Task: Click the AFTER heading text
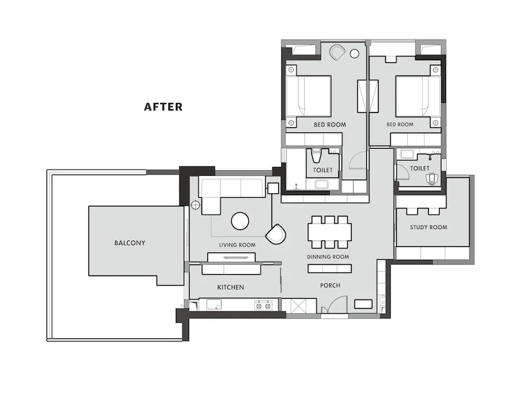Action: pos(163,107)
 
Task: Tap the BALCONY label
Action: pos(130,243)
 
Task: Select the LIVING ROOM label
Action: pos(237,245)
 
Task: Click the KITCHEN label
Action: pos(231,287)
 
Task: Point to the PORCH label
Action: pos(330,286)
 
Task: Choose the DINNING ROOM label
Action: pos(328,257)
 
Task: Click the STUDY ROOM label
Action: pos(428,227)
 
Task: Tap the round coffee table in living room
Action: pos(240,221)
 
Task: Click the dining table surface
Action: pos(330,232)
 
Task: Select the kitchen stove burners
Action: pos(263,305)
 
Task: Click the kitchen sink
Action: pos(214,304)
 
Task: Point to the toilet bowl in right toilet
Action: pos(432,179)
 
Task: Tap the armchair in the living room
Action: pos(276,234)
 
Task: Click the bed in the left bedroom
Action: pos(308,96)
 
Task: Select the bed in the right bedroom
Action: pos(418,96)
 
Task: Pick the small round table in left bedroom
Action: pos(355,54)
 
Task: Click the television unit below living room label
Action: pos(231,257)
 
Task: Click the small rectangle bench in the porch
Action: pos(363,304)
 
